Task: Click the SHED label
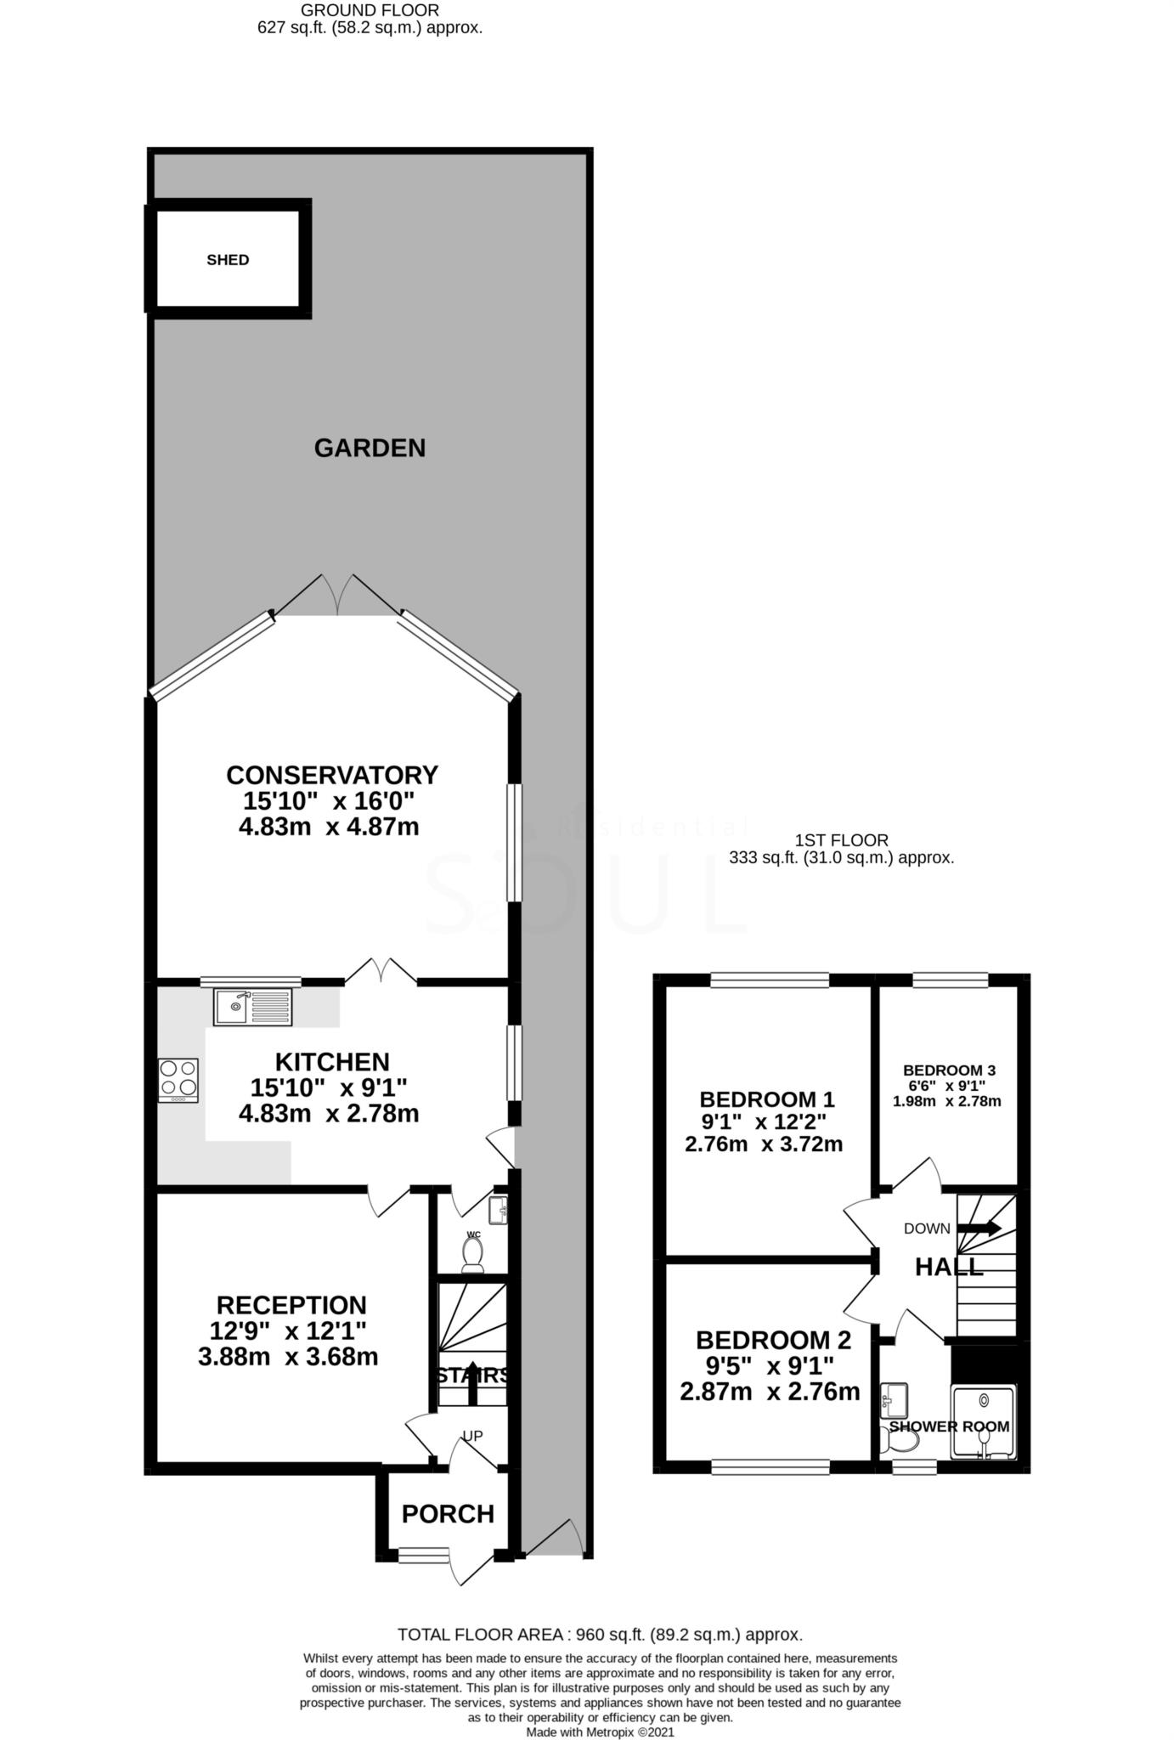[x=228, y=260]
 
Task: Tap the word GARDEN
[x=370, y=448]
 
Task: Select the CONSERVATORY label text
[x=331, y=775]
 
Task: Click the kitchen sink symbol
[x=252, y=1007]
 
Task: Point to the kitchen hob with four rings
[x=178, y=1079]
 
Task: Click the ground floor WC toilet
[x=472, y=1254]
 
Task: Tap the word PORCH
[x=448, y=1514]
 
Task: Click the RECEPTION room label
[x=291, y=1305]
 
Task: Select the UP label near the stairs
[x=472, y=1436]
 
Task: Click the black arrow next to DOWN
[x=979, y=1228]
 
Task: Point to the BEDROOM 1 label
[x=767, y=1098]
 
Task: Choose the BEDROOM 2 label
[x=773, y=1341]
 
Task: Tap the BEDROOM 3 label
[x=949, y=1071]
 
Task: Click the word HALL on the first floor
[x=949, y=1268]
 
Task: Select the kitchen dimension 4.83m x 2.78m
[x=329, y=1113]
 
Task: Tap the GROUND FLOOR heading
[x=370, y=10]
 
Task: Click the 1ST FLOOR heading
[x=841, y=840]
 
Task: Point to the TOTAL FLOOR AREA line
[x=600, y=1635]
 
